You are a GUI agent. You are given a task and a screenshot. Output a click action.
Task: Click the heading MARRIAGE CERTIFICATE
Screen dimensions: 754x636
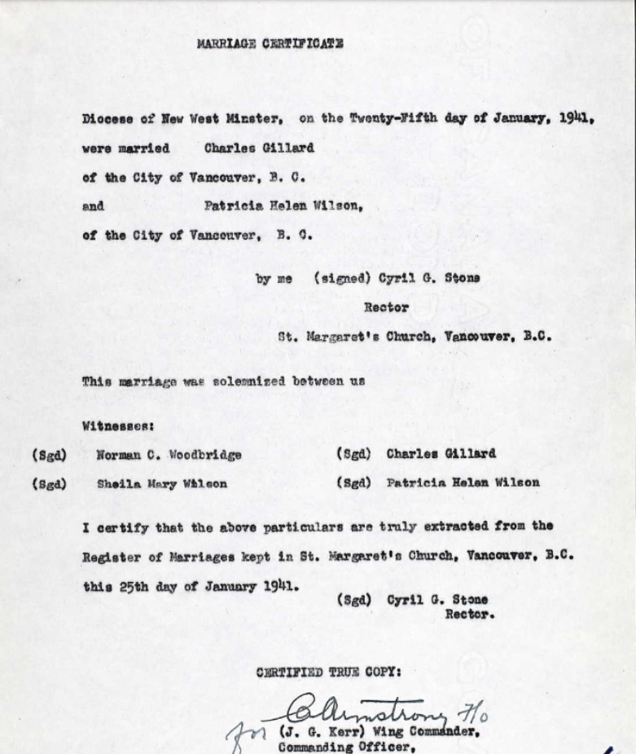tap(270, 44)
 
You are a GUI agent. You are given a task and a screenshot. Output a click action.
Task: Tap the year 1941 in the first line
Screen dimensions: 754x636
tap(576, 117)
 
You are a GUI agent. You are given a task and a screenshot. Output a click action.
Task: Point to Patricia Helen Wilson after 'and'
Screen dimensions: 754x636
tap(282, 206)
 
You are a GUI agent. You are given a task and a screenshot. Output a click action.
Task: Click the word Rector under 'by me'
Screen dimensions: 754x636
tap(386, 308)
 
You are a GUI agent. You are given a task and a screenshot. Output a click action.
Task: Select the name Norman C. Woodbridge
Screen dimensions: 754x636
tap(169, 455)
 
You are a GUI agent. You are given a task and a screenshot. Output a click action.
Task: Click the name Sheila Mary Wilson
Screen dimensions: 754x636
tap(162, 483)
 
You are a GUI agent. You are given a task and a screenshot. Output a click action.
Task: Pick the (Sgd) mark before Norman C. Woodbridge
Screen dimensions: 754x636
tap(48, 455)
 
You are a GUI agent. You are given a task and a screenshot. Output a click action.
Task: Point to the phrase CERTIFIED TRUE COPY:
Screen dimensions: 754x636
tap(328, 672)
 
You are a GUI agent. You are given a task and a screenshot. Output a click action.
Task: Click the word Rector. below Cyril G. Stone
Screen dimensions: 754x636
tap(469, 615)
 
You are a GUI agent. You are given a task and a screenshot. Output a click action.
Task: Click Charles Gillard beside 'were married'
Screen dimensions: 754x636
tap(247, 148)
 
